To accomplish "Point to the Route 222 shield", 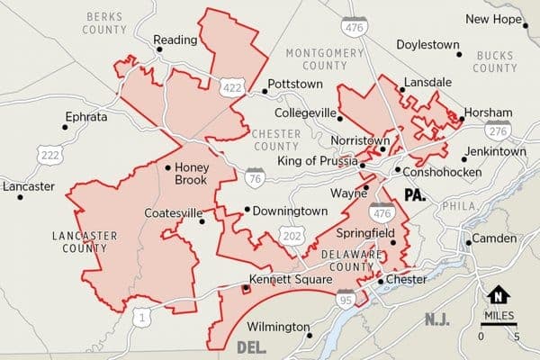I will point(49,155).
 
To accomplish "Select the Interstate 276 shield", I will point(501,130).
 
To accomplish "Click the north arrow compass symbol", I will point(497,295).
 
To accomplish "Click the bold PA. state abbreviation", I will point(415,194).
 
